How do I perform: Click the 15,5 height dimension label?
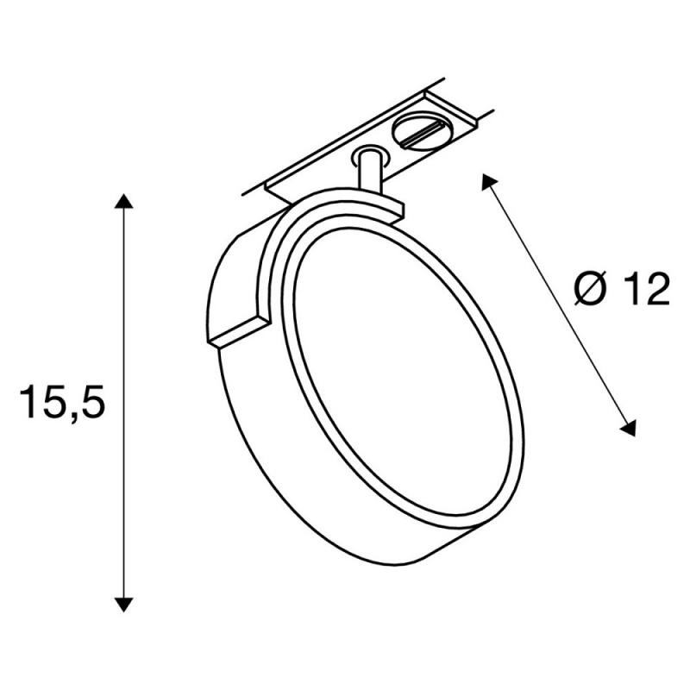click(62, 402)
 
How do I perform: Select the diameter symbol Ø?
click(591, 289)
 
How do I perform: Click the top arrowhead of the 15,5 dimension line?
click(123, 201)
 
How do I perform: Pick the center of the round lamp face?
click(403, 377)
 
